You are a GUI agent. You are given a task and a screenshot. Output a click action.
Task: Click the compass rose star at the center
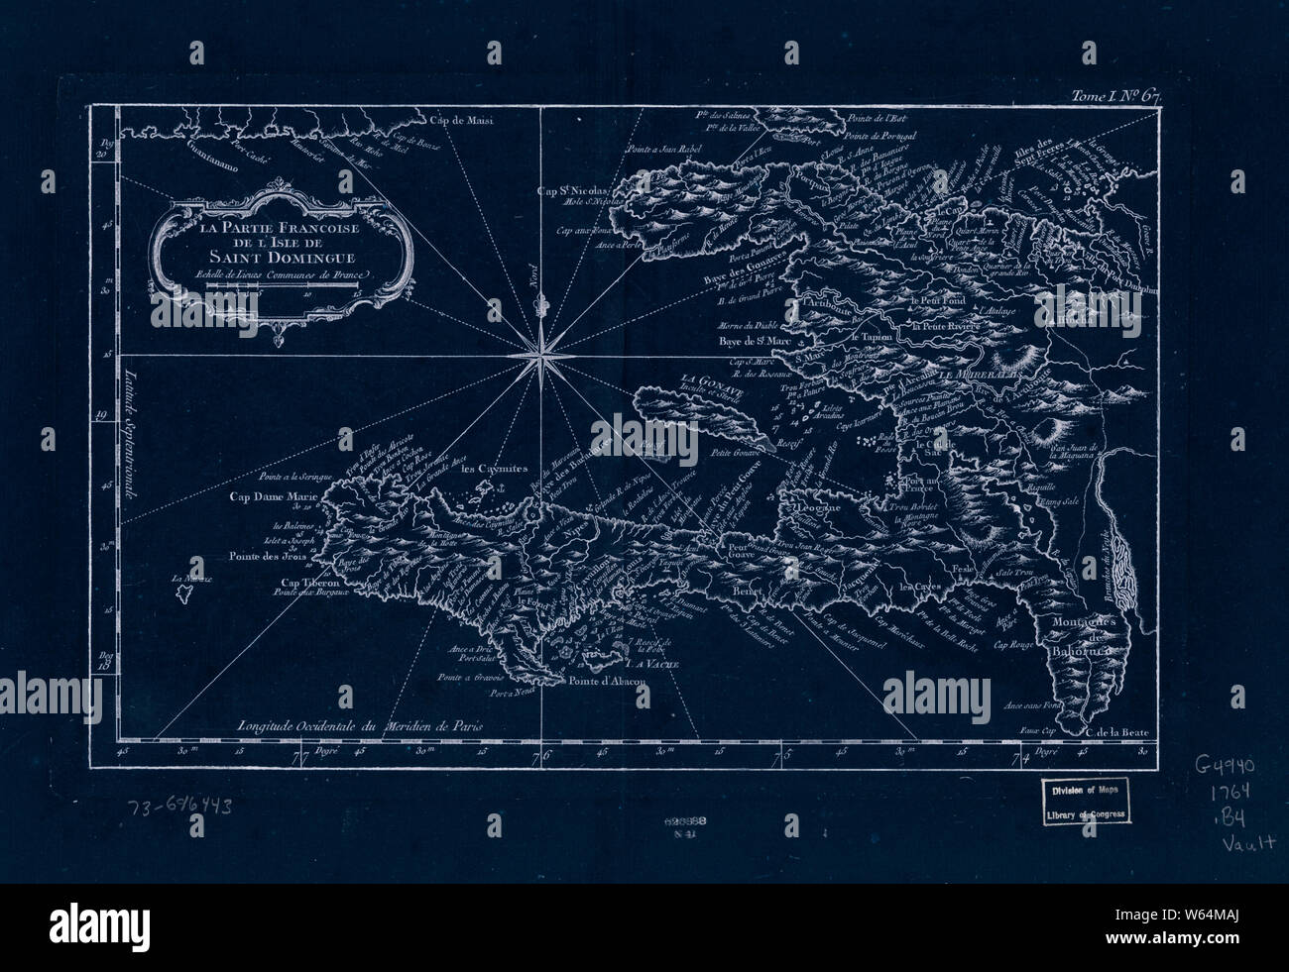tap(542, 350)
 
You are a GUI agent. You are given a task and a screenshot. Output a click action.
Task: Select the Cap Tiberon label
tap(308, 584)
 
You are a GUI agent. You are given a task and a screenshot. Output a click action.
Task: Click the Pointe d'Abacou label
tap(608, 682)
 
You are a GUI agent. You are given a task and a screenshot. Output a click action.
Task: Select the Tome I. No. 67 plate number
tap(1114, 96)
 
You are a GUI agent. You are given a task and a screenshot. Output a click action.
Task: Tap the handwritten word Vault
tap(1247, 843)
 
